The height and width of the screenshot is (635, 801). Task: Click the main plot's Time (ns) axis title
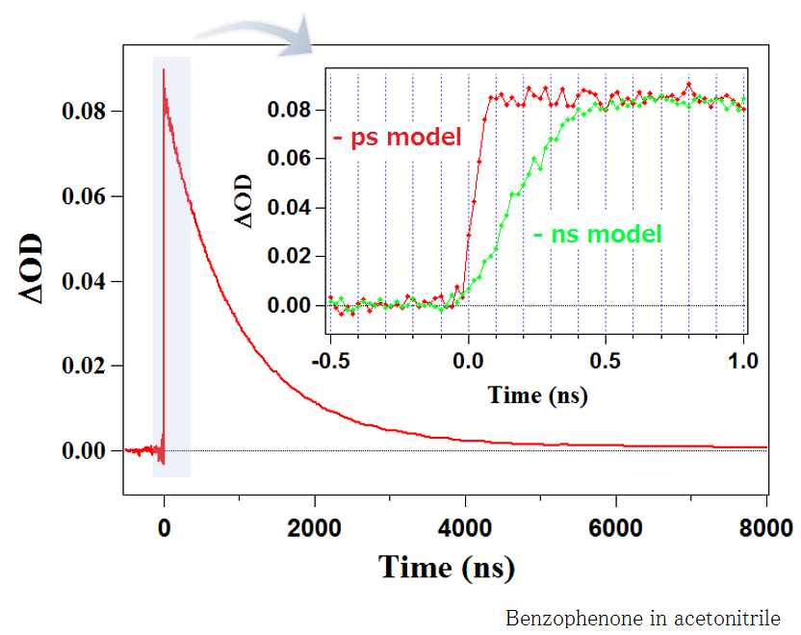447,567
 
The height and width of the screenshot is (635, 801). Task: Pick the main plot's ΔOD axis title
33,267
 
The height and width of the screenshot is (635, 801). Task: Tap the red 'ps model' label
398,137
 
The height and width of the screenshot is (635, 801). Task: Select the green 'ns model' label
597,233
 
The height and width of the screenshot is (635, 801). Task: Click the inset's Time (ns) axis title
537,394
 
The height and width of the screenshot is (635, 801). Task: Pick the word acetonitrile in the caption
732,618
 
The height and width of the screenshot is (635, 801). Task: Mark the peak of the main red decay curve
164,70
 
